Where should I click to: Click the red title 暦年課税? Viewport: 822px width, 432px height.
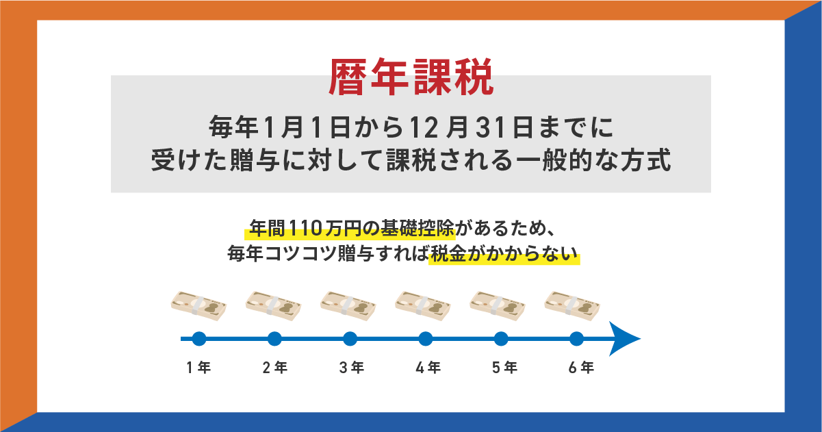click(x=411, y=77)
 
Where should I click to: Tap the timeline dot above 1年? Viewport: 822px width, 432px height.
click(x=199, y=338)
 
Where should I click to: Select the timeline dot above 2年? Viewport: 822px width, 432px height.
click(x=274, y=338)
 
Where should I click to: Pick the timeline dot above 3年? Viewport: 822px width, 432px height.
click(x=350, y=338)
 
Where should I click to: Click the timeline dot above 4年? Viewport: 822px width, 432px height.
click(x=425, y=338)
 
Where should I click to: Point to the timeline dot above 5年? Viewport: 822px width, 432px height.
click(x=501, y=338)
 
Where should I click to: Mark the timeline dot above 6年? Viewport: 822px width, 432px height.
click(x=576, y=338)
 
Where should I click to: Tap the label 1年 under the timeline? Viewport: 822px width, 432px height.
click(x=198, y=368)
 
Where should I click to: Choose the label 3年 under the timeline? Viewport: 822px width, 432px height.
click(x=350, y=368)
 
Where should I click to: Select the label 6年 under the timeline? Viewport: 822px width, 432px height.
click(x=580, y=368)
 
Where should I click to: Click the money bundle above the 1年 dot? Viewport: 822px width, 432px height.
click(x=198, y=305)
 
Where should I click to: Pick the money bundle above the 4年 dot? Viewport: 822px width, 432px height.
click(x=422, y=305)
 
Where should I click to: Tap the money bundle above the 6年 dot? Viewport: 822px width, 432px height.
click(x=571, y=305)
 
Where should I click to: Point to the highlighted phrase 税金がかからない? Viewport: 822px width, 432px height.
click(x=504, y=255)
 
